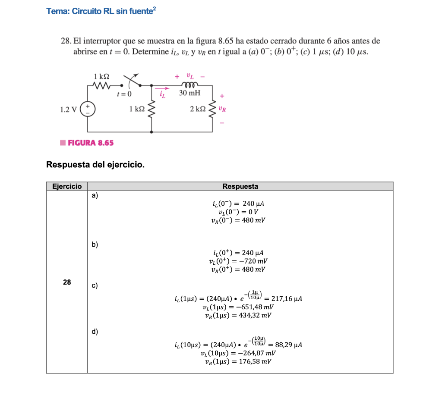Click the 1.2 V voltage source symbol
tap(88, 109)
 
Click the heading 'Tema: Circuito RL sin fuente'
tap(101, 11)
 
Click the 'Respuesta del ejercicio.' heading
tap(95, 165)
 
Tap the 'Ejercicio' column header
tap(67, 186)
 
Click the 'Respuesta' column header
tap(240, 186)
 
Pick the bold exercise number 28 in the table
tap(67, 282)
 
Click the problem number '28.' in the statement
tap(66, 41)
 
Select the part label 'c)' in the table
tap(95, 285)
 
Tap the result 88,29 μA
tap(288, 345)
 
